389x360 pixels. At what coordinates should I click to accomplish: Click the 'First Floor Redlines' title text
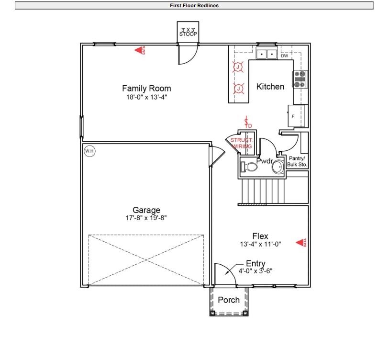click(194, 6)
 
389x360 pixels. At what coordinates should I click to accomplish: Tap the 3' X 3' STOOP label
click(188, 32)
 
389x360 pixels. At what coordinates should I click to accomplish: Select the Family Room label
click(146, 89)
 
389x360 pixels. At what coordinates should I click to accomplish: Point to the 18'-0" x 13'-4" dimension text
click(146, 97)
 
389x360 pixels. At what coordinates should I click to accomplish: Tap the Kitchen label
click(270, 87)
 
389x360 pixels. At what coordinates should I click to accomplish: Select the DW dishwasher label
click(285, 56)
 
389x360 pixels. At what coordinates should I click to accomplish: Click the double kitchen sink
click(267, 54)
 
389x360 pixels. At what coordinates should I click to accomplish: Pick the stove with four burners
click(300, 79)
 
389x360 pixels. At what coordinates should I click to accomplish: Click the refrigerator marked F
click(297, 116)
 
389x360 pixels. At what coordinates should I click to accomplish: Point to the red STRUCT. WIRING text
click(241, 143)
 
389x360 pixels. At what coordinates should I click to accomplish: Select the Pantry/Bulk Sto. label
click(298, 161)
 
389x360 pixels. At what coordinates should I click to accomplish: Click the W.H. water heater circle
click(89, 151)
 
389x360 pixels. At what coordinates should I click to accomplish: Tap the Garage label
click(146, 210)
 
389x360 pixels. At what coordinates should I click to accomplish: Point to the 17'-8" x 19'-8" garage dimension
click(146, 218)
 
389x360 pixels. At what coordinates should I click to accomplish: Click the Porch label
click(229, 300)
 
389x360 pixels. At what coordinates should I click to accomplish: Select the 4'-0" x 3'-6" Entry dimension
click(255, 271)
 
